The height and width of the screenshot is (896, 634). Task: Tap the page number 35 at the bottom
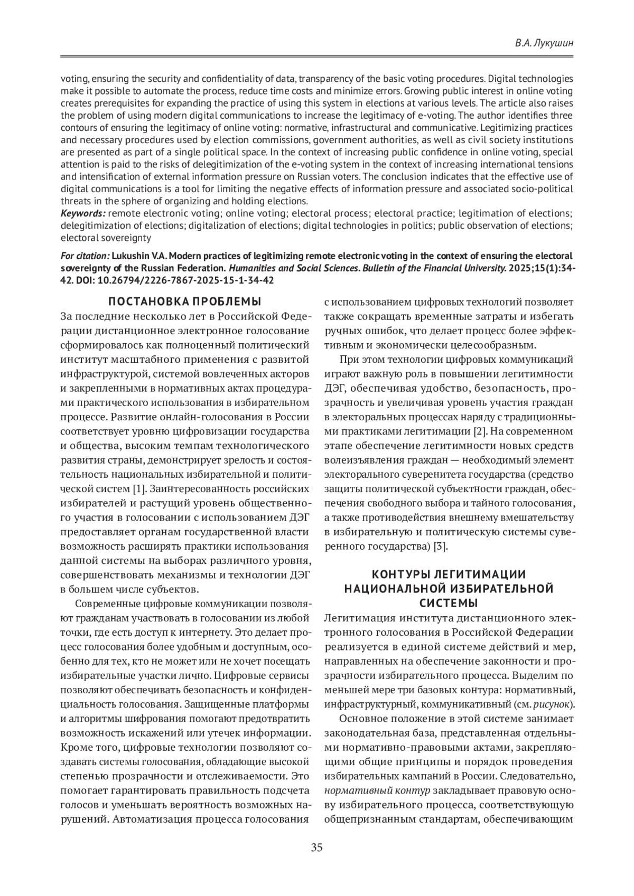click(317, 848)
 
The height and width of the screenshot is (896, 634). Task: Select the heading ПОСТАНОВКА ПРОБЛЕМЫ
click(185, 302)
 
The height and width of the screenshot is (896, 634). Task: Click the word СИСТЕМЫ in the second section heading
click(449, 602)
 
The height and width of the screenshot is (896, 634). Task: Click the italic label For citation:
click(85, 256)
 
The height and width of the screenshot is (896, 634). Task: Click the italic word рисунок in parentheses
click(553, 704)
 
